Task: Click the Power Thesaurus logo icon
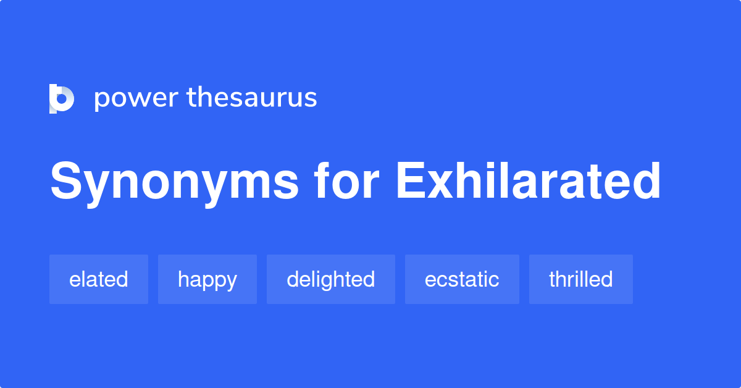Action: click(62, 99)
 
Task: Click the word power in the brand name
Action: click(136, 99)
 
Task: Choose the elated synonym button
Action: click(99, 279)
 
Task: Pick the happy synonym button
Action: click(207, 279)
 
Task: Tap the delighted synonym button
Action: click(331, 279)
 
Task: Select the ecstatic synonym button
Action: click(462, 279)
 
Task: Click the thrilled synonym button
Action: click(581, 279)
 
